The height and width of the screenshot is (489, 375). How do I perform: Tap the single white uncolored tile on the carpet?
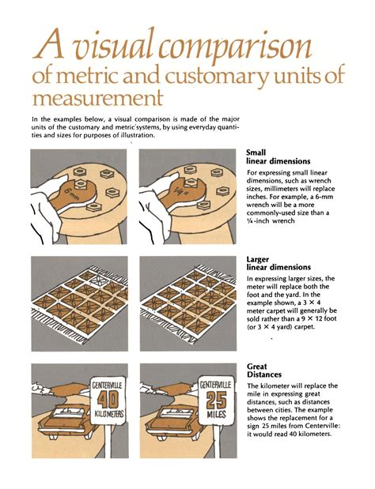[99, 279]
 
